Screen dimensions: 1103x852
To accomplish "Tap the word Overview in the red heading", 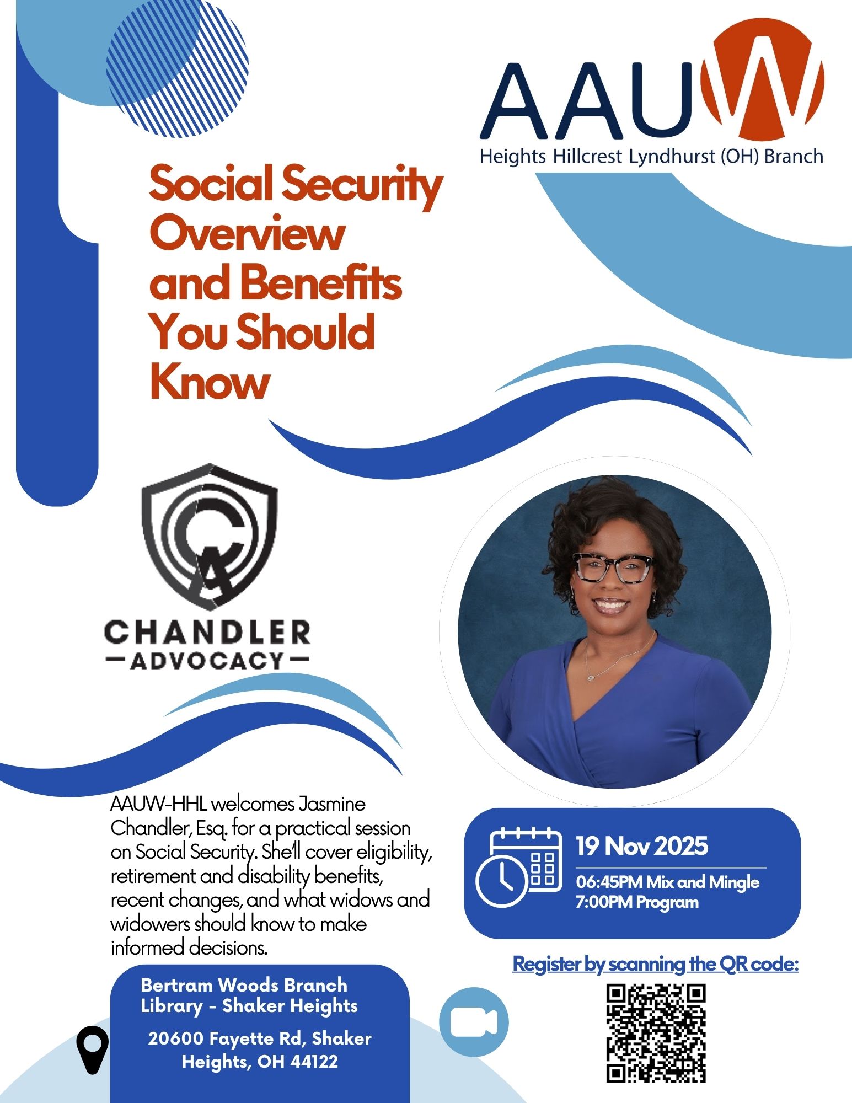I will tap(247, 234).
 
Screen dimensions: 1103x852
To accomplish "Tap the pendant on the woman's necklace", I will tap(589, 676).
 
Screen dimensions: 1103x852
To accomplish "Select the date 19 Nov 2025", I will tap(642, 846).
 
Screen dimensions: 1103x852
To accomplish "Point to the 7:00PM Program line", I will tap(637, 903).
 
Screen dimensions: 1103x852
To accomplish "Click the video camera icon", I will tap(474, 1021).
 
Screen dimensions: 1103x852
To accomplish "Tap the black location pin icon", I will tap(93, 1050).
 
